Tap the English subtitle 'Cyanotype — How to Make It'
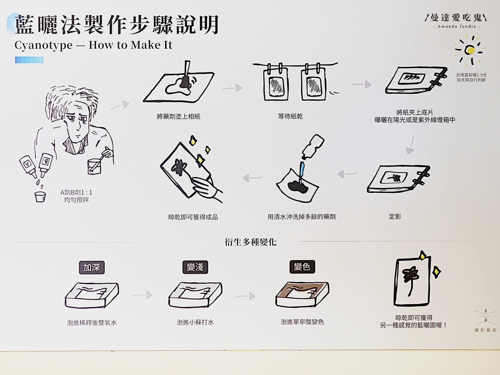pyautogui.click(x=93, y=45)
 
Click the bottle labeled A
pyautogui.click(x=28, y=166)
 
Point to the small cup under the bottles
pyautogui.click(x=40, y=197)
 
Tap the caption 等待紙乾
pyautogui.click(x=290, y=116)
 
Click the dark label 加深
pyautogui.click(x=92, y=267)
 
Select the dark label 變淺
pyautogui.click(x=195, y=267)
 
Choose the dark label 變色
pyautogui.click(x=302, y=266)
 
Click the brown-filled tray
pyautogui.click(x=302, y=295)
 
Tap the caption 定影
pyautogui.click(x=395, y=217)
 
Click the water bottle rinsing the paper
pyautogui.click(x=312, y=147)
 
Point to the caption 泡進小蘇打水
pyautogui.click(x=195, y=322)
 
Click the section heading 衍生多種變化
pyautogui.click(x=251, y=242)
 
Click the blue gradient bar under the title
pyautogui.click(x=29, y=60)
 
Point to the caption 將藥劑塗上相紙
pyautogui.click(x=178, y=117)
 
